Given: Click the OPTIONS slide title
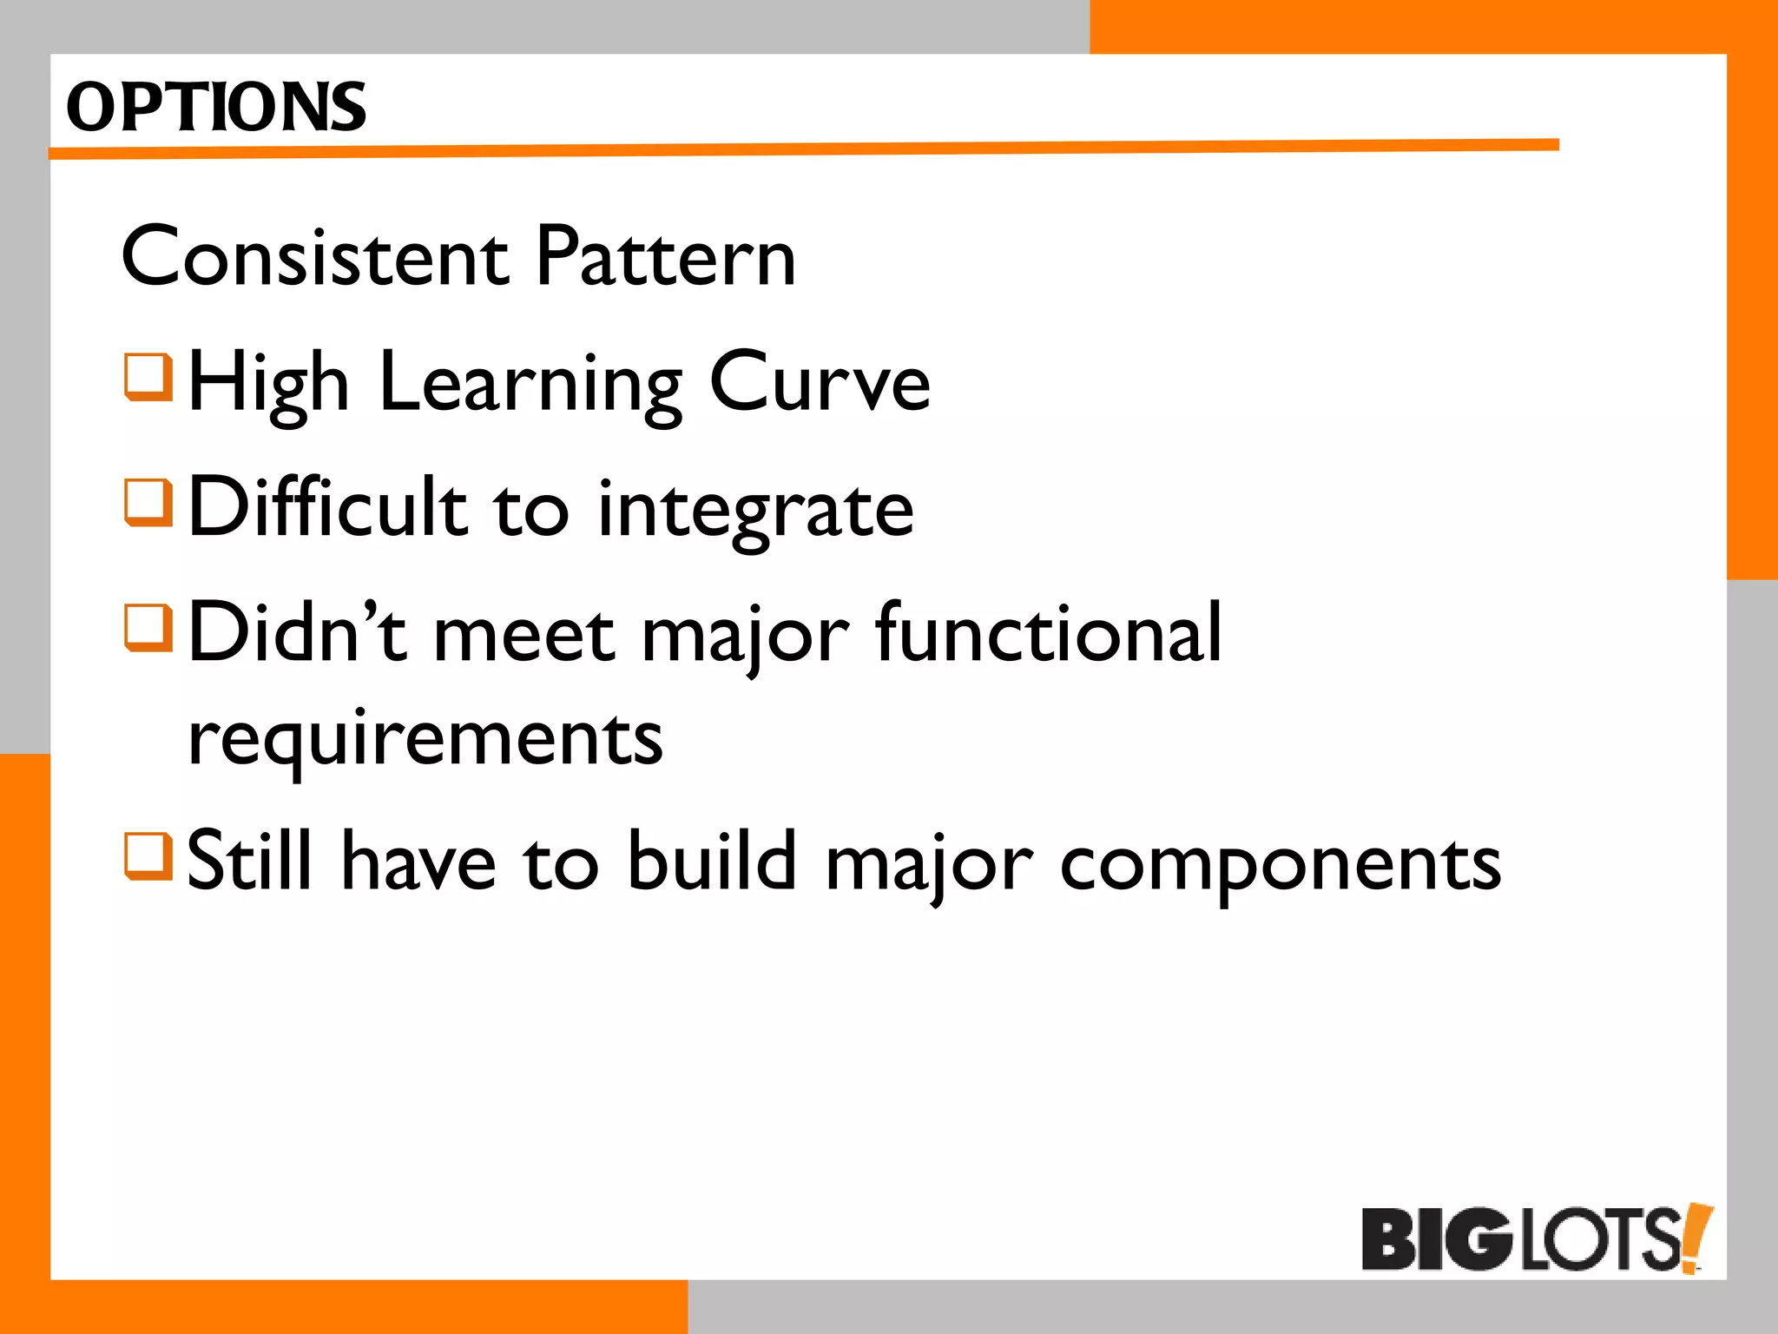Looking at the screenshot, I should tap(216, 108).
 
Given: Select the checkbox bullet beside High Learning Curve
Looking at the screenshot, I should tap(148, 376).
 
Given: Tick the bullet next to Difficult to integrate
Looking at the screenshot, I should tap(148, 502).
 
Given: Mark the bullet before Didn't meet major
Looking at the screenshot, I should tap(148, 627).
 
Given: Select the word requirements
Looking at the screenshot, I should tap(425, 740).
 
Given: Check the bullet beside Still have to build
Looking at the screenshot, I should tap(148, 855).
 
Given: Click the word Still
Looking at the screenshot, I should tap(249, 862).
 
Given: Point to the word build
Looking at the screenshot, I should tap(711, 862).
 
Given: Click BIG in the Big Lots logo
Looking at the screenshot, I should tap(1436, 1239).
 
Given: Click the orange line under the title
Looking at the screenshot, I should tap(803, 150).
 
